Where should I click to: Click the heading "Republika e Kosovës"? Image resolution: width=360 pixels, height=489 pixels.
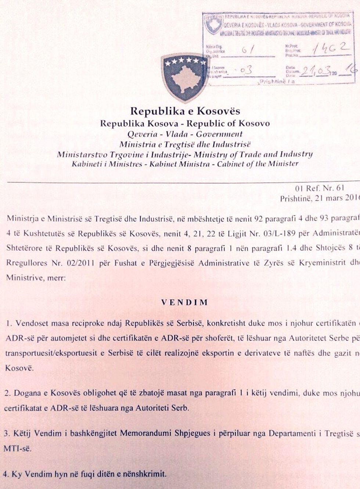tap(185, 111)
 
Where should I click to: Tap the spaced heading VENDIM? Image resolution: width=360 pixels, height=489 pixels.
tap(185, 302)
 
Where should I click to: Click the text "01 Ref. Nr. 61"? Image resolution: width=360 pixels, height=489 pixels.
tap(320, 188)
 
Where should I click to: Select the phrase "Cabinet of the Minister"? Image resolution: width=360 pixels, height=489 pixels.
tap(258, 164)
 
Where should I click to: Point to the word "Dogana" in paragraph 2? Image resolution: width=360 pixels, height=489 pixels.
tap(26, 393)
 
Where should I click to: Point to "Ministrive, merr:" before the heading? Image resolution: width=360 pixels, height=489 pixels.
tap(36, 278)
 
